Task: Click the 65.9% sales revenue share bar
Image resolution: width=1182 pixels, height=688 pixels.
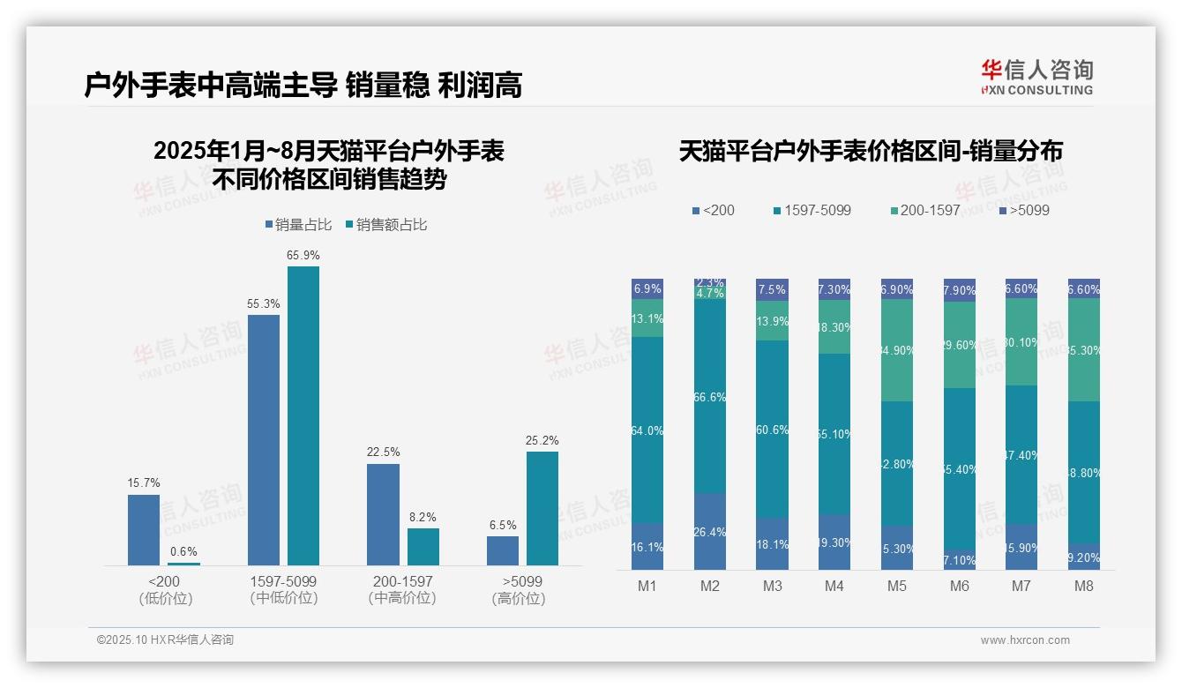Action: click(303, 415)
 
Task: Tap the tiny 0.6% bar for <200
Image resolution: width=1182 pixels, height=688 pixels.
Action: click(183, 564)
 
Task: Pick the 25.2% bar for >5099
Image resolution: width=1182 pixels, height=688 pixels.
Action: click(542, 508)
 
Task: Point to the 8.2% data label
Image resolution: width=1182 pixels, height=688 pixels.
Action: click(423, 517)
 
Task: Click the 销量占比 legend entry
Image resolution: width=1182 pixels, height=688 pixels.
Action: click(298, 225)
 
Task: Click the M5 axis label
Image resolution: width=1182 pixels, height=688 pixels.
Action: click(897, 587)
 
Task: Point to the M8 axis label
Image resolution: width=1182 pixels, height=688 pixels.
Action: click(1084, 587)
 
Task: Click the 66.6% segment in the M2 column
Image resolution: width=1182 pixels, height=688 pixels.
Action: click(710, 398)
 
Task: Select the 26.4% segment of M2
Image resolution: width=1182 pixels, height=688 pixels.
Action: click(710, 531)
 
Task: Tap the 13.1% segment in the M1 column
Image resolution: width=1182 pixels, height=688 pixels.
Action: click(647, 318)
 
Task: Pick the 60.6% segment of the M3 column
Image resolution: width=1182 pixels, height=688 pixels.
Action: click(773, 430)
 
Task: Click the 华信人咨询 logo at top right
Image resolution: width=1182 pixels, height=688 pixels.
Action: click(1036, 77)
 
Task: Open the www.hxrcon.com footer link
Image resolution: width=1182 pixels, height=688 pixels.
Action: click(1025, 640)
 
